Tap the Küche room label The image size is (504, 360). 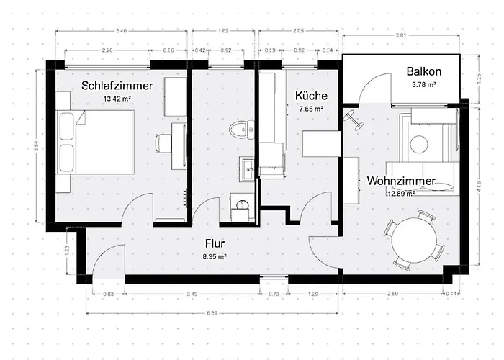pyautogui.click(x=312, y=96)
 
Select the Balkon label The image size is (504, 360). pyautogui.click(x=423, y=72)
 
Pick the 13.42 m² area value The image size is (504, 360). pyautogui.click(x=117, y=99)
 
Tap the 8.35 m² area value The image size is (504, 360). pyautogui.click(x=215, y=256)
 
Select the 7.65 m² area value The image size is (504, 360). pyautogui.click(x=310, y=109)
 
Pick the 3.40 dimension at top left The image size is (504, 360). pyautogui.click(x=122, y=31)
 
